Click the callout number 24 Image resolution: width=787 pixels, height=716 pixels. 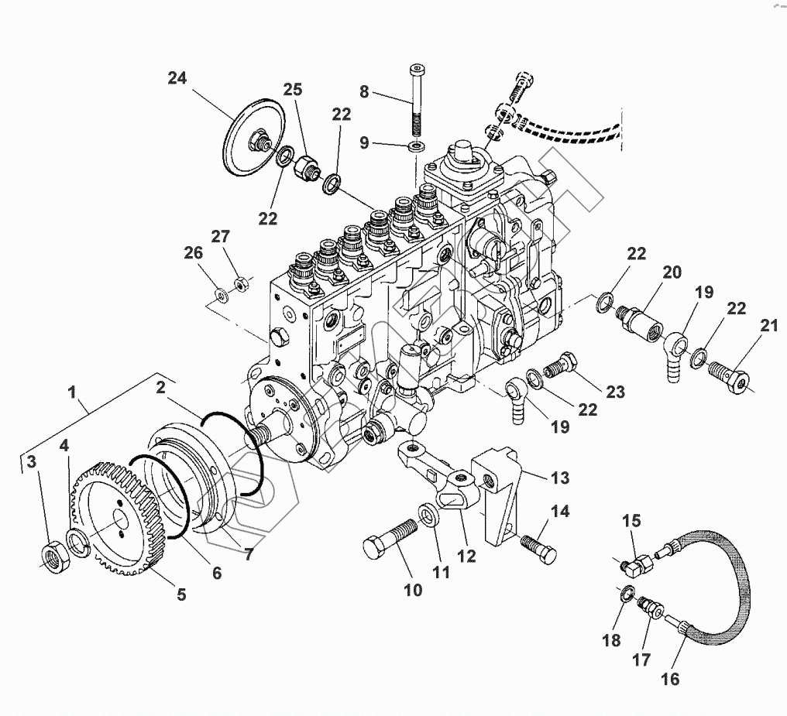pos(177,77)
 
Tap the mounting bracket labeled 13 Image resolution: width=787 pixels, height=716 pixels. pos(496,495)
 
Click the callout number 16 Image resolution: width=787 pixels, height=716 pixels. pos(670,679)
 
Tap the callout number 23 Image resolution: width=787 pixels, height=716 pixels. pos(615,392)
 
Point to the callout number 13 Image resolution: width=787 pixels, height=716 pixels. pos(560,478)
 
